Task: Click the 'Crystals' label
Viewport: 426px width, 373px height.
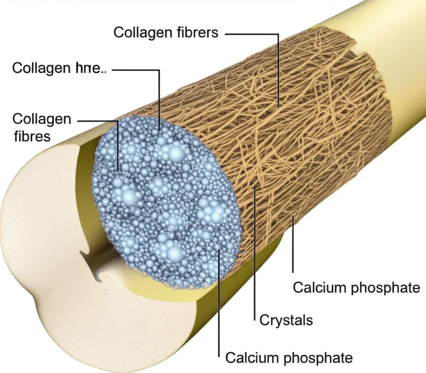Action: click(285, 320)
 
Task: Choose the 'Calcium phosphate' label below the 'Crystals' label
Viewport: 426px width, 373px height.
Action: click(289, 357)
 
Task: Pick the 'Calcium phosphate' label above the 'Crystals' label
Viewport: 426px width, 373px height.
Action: click(357, 288)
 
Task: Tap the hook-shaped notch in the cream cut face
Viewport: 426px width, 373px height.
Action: click(96, 269)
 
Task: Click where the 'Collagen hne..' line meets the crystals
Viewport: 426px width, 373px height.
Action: click(159, 128)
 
